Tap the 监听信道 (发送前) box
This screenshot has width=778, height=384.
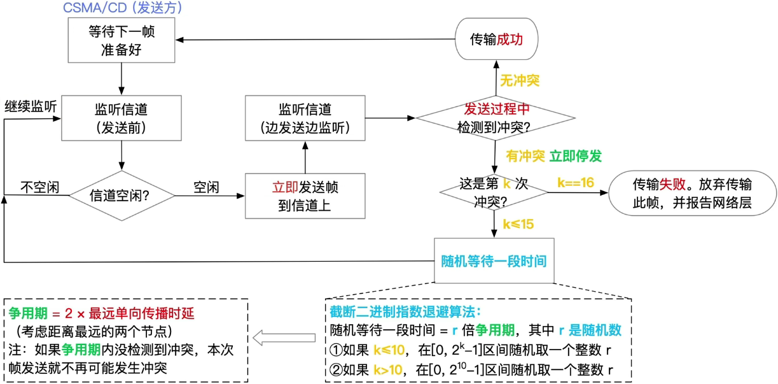[x=121, y=118]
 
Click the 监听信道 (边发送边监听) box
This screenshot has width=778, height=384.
[x=305, y=118]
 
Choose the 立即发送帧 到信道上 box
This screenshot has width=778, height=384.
[x=305, y=196]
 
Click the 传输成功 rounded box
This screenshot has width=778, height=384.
[x=496, y=39]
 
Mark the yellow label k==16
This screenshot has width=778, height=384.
[x=576, y=183]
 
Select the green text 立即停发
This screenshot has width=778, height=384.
[x=576, y=155]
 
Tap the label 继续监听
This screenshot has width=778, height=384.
[x=31, y=106]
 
